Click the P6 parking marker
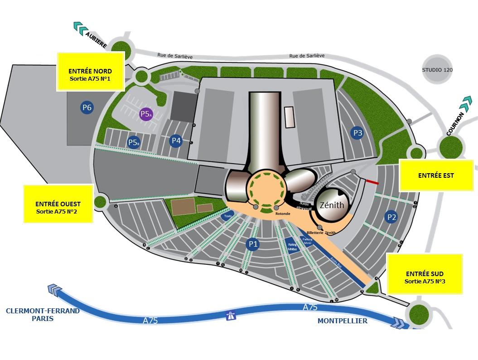pyautogui.click(x=87, y=107)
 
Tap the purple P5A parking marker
pyautogui.click(x=145, y=114)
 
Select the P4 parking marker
pyautogui.click(x=176, y=141)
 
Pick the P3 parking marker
pyautogui.click(x=357, y=133)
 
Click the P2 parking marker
pyautogui.click(x=391, y=217)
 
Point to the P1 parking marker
pyautogui.click(x=253, y=244)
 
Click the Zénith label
pyautogui.click(x=332, y=205)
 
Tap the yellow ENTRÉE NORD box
pyautogui.click(x=91, y=71)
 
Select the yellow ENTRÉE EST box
pyautogui.click(x=436, y=175)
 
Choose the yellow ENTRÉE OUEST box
pyautogui.click(x=58, y=204)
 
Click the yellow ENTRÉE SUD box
pyautogui.click(x=425, y=273)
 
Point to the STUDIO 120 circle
pyautogui.click(x=437, y=70)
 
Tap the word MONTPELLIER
pyautogui.click(x=342, y=321)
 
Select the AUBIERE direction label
pyautogui.click(x=97, y=40)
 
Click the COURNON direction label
pyautogui.click(x=455, y=124)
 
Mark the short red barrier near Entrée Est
pyautogui.click(x=372, y=182)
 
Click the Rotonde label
pyautogui.click(x=283, y=214)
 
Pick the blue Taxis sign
pyautogui.click(x=227, y=217)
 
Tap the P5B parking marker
pyautogui.click(x=133, y=142)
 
